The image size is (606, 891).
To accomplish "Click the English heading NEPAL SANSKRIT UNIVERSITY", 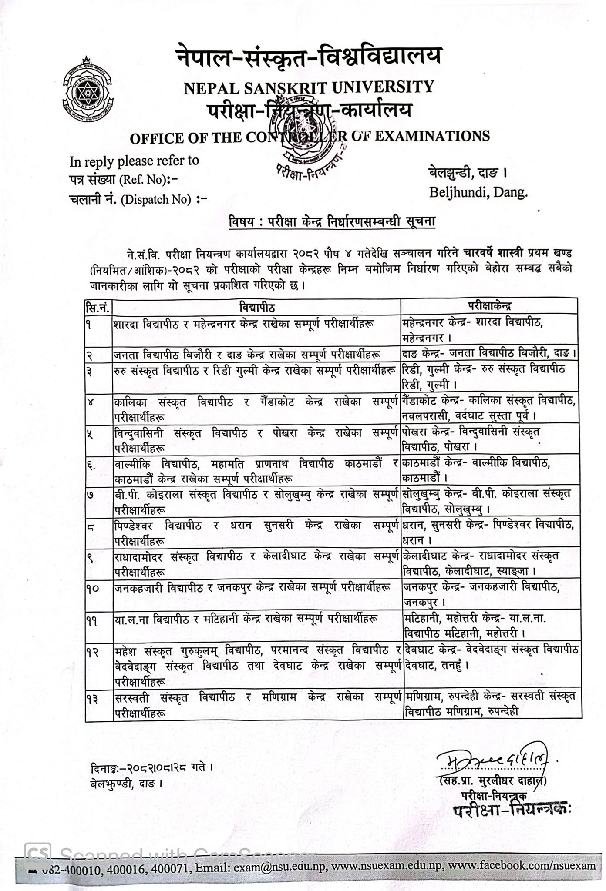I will click(309, 87).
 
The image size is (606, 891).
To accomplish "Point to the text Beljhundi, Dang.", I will click(478, 192).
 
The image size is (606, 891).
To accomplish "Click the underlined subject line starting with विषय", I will click(332, 222).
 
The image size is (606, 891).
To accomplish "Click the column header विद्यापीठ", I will click(256, 307).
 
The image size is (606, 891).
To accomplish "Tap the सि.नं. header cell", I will click(98, 308).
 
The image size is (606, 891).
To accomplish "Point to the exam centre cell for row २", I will click(490, 352).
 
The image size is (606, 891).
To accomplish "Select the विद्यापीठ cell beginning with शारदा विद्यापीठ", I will click(244, 324).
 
